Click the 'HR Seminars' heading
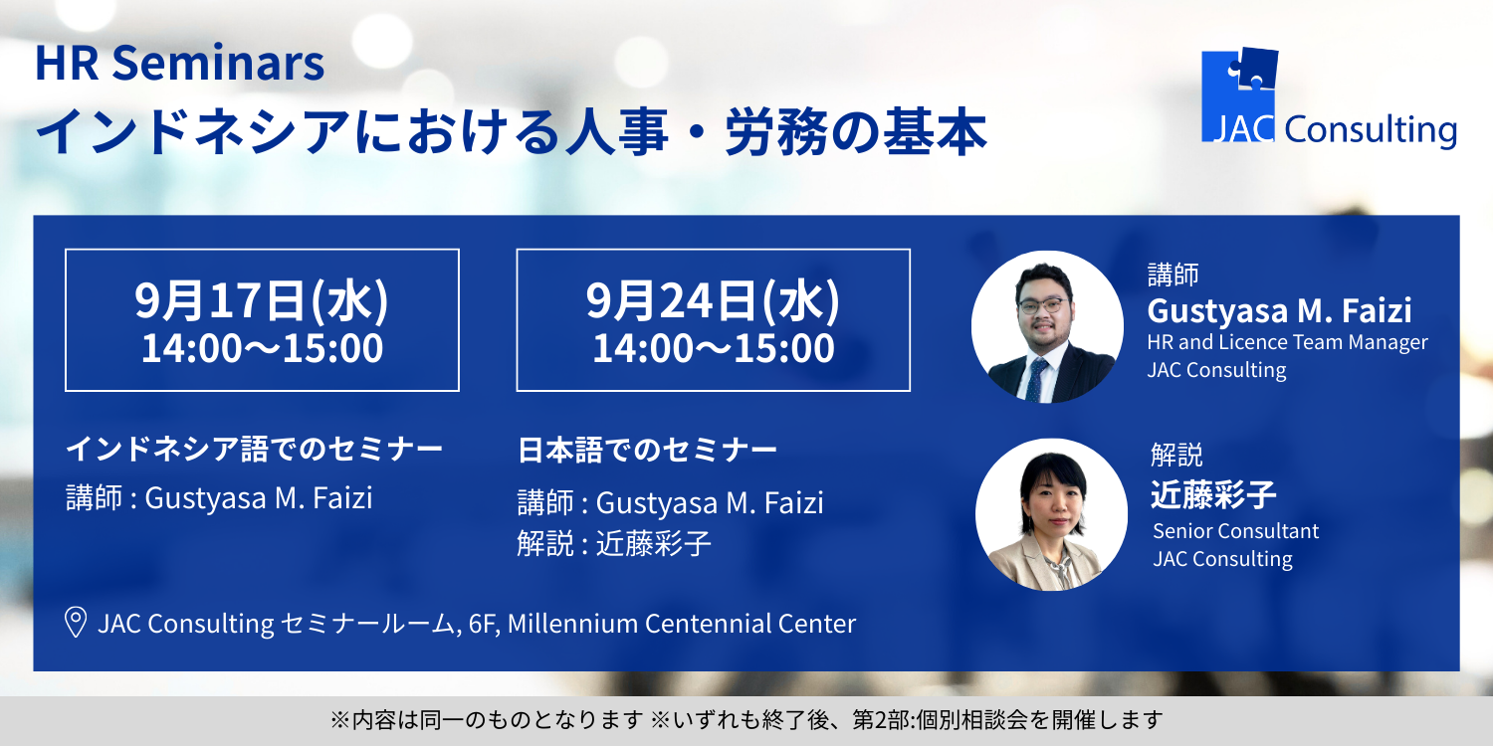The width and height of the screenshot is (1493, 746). [179, 64]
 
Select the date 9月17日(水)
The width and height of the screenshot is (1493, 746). [261, 300]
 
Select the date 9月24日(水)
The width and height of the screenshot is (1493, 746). [713, 300]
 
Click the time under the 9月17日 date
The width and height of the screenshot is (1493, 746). [262, 348]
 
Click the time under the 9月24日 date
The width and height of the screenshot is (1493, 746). [714, 348]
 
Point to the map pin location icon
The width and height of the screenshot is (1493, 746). [76, 623]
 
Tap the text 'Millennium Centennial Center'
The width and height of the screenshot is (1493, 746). [681, 624]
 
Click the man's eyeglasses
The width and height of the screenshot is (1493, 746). [1043, 305]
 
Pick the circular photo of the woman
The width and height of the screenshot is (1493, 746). [1051, 514]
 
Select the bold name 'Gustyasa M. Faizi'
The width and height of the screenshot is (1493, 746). [1279, 311]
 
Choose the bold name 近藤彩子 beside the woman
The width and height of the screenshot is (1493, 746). [1213, 495]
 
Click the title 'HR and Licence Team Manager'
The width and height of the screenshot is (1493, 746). [1287, 342]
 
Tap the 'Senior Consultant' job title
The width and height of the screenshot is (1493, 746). [1236, 531]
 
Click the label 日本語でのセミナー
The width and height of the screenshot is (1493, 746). [647, 451]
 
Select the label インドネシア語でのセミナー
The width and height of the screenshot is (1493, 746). [254, 449]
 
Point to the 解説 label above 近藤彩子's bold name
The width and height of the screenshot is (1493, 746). [1176, 455]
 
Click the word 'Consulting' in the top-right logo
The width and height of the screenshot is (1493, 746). [1371, 130]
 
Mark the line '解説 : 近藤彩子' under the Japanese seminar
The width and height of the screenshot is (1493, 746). [614, 543]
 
